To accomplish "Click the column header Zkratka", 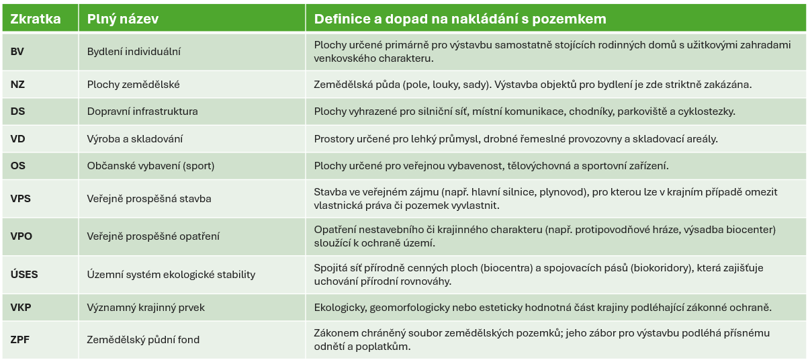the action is (36, 19).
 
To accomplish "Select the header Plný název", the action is (123, 19).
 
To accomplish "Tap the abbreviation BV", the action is (17, 52).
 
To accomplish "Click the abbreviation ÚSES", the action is (24, 274).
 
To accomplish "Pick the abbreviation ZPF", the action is (20, 339).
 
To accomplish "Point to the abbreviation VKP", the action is (21, 307).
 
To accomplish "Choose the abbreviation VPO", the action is (21, 236).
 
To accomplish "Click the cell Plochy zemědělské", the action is (133, 85).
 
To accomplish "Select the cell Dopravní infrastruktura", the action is (142, 111).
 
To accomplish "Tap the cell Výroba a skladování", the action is (134, 139).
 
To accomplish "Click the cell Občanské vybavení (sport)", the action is (150, 165).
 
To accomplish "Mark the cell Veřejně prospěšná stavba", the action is (149, 198).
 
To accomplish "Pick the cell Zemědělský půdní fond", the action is (143, 339).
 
